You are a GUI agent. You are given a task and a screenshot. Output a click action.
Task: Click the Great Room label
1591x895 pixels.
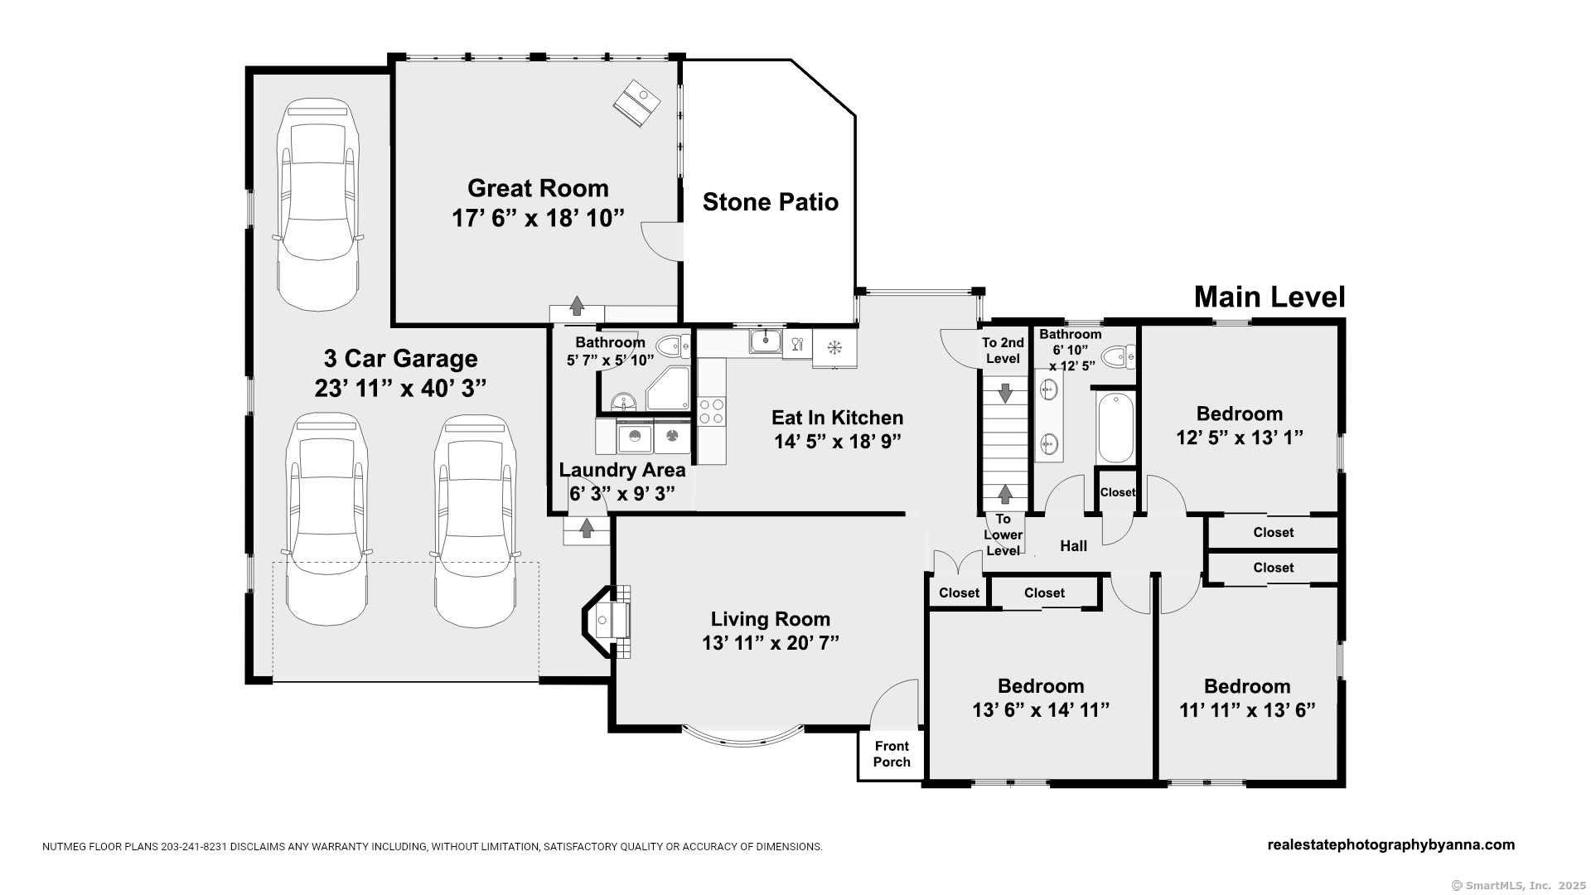(x=538, y=188)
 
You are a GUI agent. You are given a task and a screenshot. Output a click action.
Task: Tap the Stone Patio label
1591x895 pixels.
(x=771, y=202)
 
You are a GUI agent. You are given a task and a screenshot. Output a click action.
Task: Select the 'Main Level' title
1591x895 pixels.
(x=1269, y=297)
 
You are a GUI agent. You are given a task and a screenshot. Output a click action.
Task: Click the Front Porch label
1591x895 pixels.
(x=892, y=754)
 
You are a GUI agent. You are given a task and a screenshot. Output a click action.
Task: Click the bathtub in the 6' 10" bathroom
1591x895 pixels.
(x=1115, y=428)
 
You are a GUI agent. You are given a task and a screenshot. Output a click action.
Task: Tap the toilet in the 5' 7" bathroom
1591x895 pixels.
(x=673, y=346)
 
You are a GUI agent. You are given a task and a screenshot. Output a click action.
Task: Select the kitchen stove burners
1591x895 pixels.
(x=712, y=411)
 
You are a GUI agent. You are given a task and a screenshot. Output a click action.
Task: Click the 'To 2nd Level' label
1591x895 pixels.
(x=1003, y=351)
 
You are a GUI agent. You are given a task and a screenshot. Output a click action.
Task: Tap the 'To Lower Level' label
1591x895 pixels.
(x=1003, y=535)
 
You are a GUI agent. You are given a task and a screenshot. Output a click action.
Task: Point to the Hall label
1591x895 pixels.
(x=1074, y=545)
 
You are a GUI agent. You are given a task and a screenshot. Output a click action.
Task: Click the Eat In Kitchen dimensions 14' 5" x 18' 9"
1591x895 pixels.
(x=838, y=441)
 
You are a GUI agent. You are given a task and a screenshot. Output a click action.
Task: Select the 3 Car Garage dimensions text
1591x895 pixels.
(x=400, y=388)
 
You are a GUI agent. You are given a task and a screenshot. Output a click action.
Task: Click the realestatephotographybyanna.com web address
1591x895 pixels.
(x=1391, y=845)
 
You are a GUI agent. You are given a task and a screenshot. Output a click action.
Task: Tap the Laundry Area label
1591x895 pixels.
(x=622, y=470)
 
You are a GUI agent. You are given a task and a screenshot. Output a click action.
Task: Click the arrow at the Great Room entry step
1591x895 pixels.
(x=577, y=305)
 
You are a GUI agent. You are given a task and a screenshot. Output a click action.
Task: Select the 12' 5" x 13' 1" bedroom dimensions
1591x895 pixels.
(x=1240, y=437)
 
